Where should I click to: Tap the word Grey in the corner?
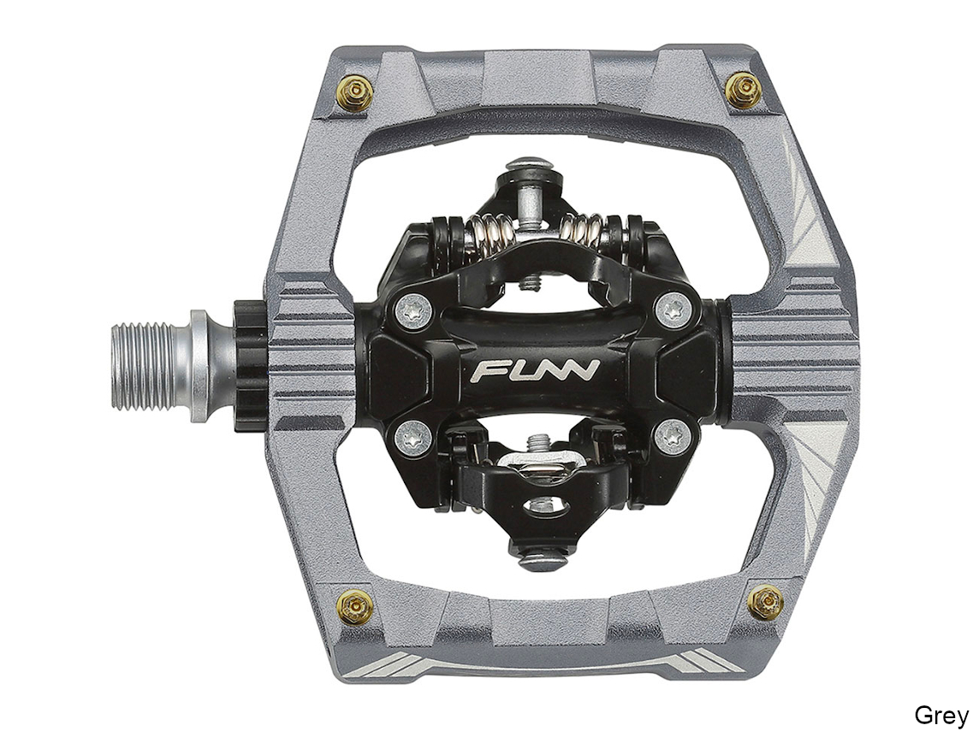coord(940,715)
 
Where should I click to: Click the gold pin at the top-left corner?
coord(355,93)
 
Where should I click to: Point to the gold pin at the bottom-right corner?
coord(764,603)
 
